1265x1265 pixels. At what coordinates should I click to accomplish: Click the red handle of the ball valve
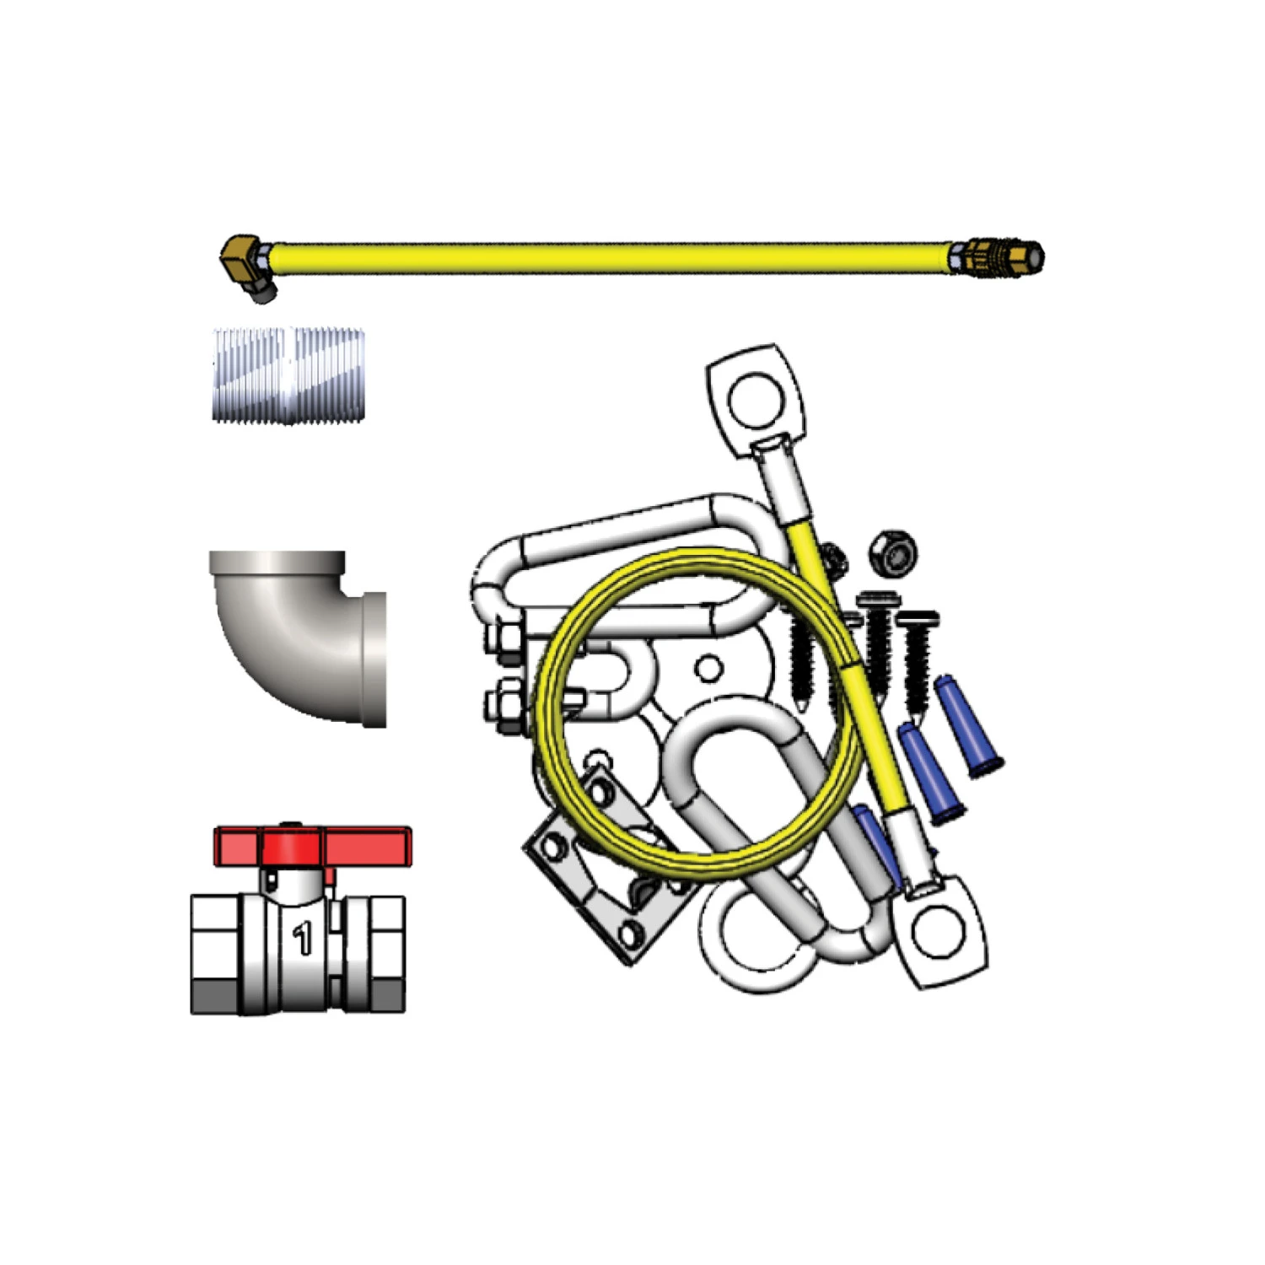(312, 846)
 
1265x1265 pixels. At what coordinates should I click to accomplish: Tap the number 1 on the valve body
(302, 938)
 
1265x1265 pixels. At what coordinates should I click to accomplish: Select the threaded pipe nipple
(288, 374)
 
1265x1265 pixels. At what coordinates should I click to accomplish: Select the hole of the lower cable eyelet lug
(939, 932)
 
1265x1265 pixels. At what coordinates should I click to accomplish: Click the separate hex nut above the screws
(894, 553)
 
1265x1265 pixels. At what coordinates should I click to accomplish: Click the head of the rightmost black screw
(918, 620)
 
